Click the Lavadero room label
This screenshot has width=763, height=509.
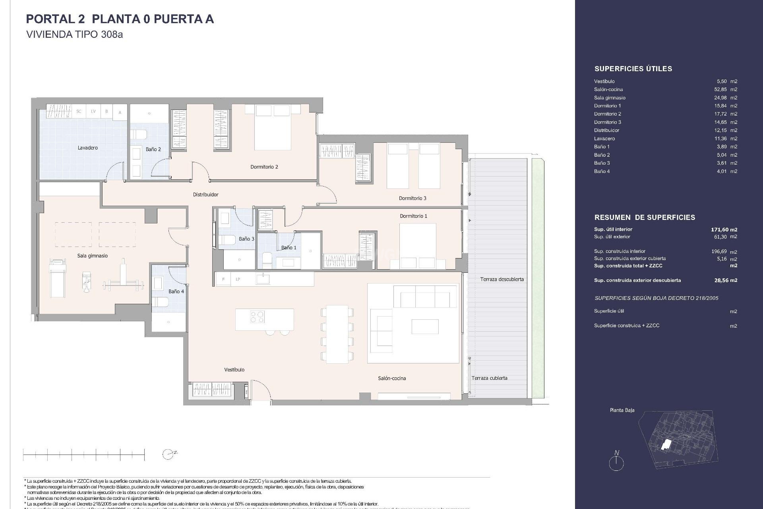[87, 148]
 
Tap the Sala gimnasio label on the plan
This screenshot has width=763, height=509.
[92, 256]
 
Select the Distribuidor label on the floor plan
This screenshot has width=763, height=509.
[205, 195]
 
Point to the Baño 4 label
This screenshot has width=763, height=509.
[176, 291]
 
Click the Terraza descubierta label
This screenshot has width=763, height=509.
[502, 280]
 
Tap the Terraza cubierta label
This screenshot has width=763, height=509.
[489, 378]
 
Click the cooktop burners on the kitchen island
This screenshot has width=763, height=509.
[257, 317]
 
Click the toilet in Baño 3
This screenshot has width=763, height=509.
[227, 240]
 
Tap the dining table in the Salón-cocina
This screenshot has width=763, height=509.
[337, 334]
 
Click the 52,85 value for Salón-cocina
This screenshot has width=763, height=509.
[721, 89]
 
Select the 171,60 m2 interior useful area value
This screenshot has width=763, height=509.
[724, 229]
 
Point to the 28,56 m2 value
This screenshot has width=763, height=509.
[725, 280]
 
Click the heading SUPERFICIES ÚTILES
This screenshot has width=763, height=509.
[633, 69]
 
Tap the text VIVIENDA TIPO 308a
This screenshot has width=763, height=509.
[74, 35]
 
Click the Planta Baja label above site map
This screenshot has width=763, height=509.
[622, 410]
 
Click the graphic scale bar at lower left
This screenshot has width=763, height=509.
[84, 454]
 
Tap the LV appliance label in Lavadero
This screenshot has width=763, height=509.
[93, 112]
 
